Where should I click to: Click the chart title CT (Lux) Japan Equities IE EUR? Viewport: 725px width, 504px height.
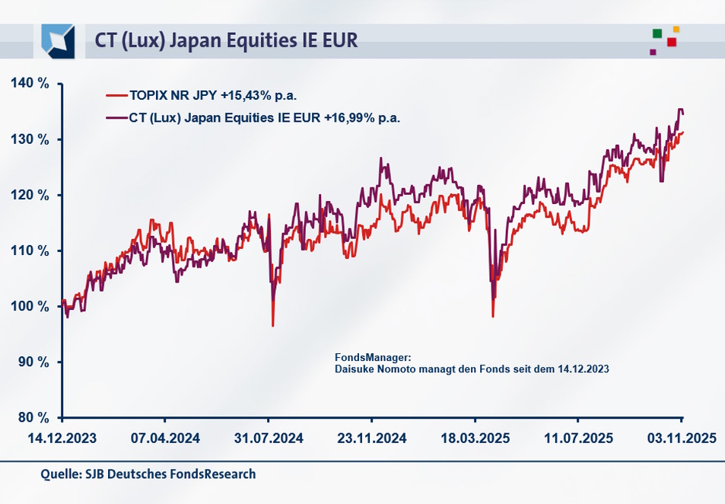coord(226,40)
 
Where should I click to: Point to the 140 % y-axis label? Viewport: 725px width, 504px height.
coord(30,84)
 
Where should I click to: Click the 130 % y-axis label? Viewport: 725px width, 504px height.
coord(30,139)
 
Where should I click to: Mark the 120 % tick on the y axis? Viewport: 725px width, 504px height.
coord(30,195)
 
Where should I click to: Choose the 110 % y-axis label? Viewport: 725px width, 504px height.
coord(30,250)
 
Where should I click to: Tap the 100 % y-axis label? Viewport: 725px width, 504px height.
coord(30,306)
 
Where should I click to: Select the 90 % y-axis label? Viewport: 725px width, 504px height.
coord(33,362)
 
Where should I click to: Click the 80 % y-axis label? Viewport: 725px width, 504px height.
coord(33,417)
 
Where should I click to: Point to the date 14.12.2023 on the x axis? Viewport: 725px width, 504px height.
coord(62,439)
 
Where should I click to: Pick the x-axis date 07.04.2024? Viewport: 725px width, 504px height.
coord(165,439)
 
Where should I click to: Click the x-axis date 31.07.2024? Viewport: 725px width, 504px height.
coord(268,439)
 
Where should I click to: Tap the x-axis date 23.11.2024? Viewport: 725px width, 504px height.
coord(371,439)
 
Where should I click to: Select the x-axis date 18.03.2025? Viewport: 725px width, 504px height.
coord(474,439)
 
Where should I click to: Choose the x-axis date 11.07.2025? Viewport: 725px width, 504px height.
coord(577,439)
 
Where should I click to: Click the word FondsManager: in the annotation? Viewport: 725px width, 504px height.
coord(373,357)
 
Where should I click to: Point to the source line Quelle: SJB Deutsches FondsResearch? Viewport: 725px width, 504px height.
coord(148,474)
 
